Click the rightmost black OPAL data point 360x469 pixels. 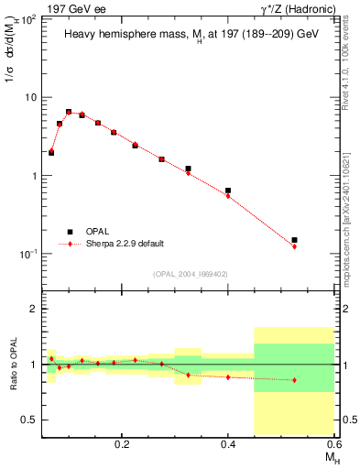click(294, 240)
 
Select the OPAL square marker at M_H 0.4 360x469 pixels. click(228, 191)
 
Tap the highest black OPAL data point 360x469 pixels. click(69, 112)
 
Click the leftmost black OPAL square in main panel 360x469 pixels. click(51, 153)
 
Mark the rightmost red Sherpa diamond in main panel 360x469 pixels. click(294, 246)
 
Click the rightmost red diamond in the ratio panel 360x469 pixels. click(294, 380)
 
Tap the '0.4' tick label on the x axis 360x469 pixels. click(228, 442)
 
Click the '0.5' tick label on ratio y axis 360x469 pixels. click(29, 420)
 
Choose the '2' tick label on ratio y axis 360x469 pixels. click(34, 310)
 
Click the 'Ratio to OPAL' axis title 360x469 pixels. click(11, 364)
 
